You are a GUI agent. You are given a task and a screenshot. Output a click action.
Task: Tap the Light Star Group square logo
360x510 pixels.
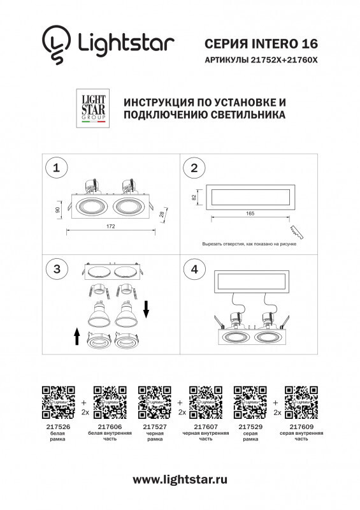click(x=92, y=109)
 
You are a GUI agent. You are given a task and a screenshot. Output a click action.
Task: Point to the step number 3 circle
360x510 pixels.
click(x=57, y=270)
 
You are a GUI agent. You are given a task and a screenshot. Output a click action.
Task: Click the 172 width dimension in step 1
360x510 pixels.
click(x=112, y=226)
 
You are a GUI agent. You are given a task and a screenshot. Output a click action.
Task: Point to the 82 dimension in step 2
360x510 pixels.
click(x=194, y=198)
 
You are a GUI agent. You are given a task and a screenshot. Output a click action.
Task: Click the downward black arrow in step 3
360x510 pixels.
click(x=146, y=310)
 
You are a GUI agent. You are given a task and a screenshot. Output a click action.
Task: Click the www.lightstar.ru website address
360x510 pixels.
click(x=180, y=479)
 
